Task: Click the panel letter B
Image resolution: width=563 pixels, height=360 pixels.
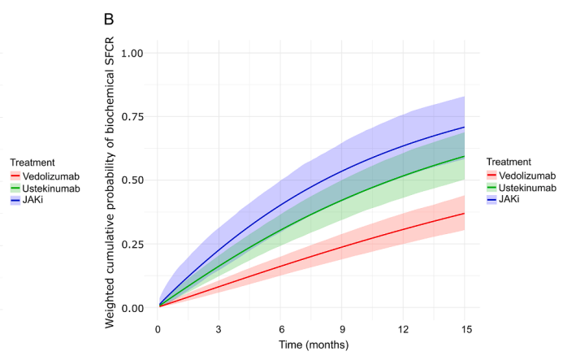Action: coord(109,19)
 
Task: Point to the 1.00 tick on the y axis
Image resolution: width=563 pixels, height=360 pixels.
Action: coord(132,53)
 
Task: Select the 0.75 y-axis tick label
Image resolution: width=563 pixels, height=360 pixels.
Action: coord(132,117)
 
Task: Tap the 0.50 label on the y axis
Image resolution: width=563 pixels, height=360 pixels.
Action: coord(132,180)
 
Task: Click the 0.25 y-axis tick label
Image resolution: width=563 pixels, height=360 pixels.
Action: coord(132,245)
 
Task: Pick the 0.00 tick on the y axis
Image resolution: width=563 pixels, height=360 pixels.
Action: coord(132,308)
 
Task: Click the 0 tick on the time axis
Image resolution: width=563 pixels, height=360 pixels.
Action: coord(158,329)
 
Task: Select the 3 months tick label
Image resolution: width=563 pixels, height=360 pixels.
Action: coord(219,329)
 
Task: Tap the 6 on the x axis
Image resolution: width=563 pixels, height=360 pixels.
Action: coord(280,329)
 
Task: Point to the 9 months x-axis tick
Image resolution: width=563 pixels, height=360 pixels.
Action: coord(342,329)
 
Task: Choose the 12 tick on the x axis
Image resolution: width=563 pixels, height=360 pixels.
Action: coord(403,329)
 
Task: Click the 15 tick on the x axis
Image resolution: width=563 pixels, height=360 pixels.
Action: coord(466,329)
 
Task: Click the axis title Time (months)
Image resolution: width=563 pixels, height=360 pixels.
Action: coord(314,345)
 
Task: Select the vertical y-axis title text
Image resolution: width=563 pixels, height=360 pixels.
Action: coord(109,182)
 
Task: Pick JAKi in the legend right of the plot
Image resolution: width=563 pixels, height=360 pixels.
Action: coord(509,199)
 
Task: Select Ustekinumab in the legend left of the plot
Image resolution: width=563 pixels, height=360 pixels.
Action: coord(51,189)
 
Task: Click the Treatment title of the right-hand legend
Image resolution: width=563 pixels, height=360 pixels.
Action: coord(509,162)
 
